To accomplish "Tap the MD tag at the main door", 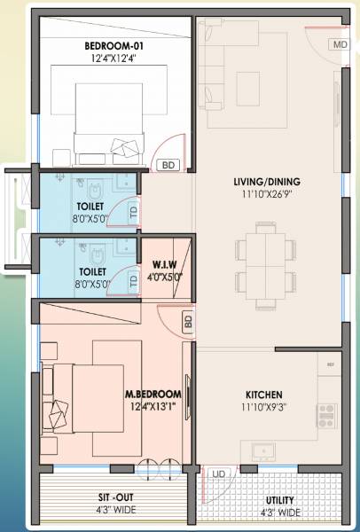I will pyautogui.click(x=340, y=44).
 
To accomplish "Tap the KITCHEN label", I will pyautogui.click(x=263, y=394).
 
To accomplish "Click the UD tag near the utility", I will pyautogui.click(x=218, y=475).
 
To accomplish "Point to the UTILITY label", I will pyautogui.click(x=279, y=501).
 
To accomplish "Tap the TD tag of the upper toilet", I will pyautogui.click(x=134, y=213).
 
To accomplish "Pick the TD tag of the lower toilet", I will pyautogui.click(x=134, y=281).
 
